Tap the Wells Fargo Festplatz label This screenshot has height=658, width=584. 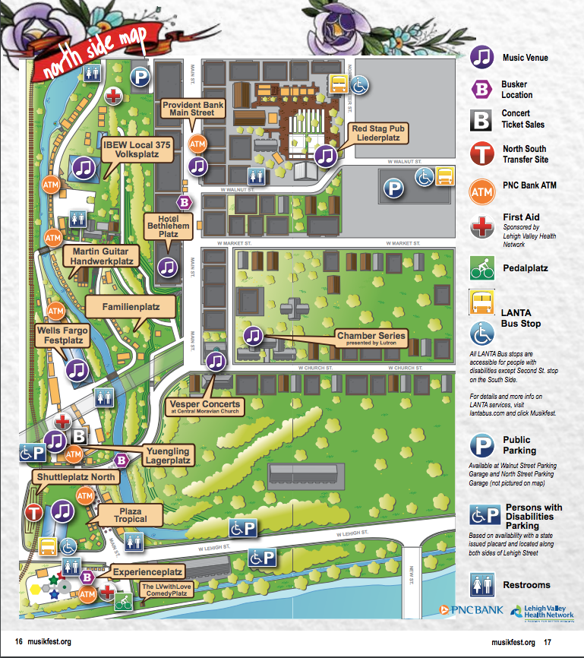pyautogui.click(x=62, y=337)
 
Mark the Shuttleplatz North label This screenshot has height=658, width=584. pyautogui.click(x=75, y=477)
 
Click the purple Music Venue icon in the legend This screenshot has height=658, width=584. pyautogui.click(x=482, y=57)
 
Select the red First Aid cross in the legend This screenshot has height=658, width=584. pyautogui.click(x=482, y=227)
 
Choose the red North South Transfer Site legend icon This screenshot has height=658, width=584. pyautogui.click(x=482, y=154)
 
